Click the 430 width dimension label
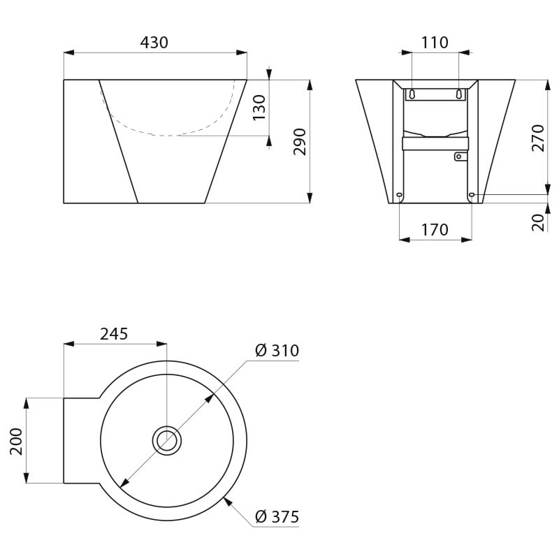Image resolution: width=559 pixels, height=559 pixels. (x=154, y=43)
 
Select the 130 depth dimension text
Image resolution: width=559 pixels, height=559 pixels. (x=259, y=108)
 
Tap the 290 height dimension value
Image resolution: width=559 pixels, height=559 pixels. (x=299, y=142)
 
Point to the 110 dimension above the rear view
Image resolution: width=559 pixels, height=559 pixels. (x=435, y=43)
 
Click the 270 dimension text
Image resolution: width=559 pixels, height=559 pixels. (x=538, y=138)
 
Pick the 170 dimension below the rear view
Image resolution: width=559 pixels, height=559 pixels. (x=435, y=230)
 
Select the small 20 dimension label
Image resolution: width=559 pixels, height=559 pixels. (x=538, y=222)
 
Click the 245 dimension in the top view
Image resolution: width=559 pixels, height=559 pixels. (x=114, y=334)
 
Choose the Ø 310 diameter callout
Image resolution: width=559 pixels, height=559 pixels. (x=277, y=351)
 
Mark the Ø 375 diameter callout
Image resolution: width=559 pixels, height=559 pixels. (x=277, y=517)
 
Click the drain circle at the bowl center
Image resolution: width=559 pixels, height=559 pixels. (x=167, y=441)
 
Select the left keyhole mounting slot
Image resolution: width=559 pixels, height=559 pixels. (x=412, y=94)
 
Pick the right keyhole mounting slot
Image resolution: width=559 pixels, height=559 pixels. (x=459, y=94)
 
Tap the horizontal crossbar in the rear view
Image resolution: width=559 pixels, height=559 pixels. (x=435, y=143)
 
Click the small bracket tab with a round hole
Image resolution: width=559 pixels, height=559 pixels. (x=459, y=157)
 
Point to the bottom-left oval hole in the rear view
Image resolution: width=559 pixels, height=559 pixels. (x=399, y=195)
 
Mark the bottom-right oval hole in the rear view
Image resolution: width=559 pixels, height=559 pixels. (x=472, y=194)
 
